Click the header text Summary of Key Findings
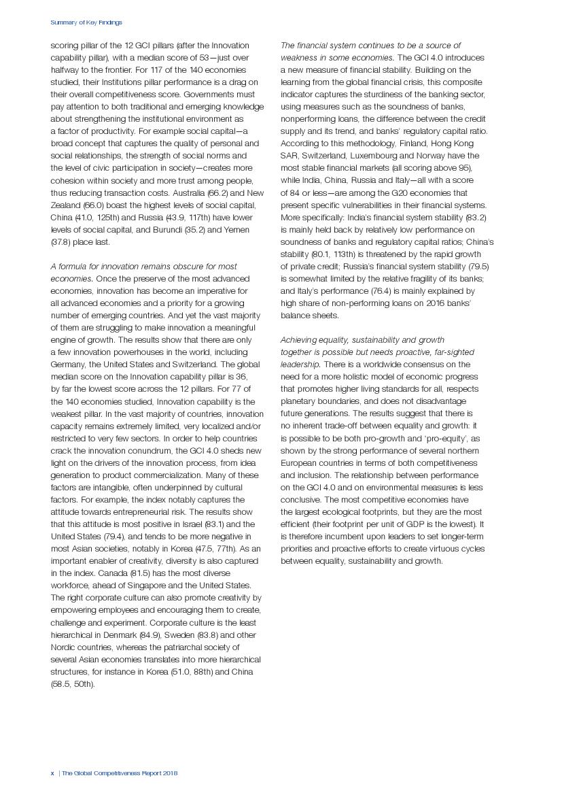click(86, 22)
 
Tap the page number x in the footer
click(52, 773)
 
